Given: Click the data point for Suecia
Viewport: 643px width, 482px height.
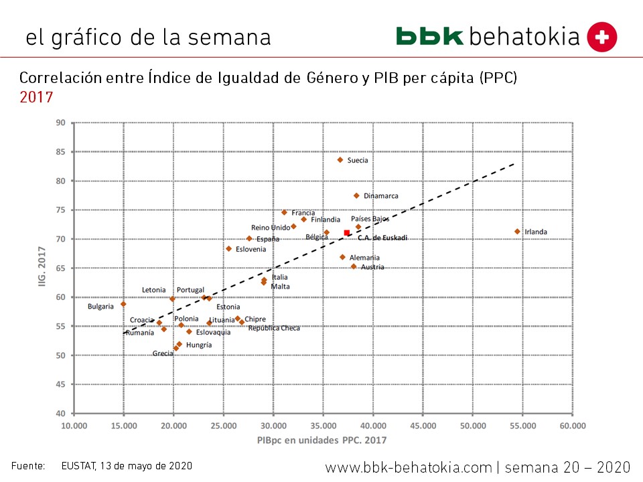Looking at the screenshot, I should click(x=340, y=160).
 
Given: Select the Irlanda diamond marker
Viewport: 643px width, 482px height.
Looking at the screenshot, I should click(x=517, y=232).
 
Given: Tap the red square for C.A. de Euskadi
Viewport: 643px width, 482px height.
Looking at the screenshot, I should click(x=347, y=233).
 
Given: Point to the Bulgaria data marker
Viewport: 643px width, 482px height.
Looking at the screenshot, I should click(x=123, y=304).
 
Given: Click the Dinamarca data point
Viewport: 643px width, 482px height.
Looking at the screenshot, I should click(x=356, y=195).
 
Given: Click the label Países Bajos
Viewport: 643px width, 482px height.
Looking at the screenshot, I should click(x=370, y=219).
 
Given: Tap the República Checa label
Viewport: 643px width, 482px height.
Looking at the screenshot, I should click(x=273, y=328).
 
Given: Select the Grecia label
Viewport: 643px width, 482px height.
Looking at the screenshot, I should click(x=163, y=353).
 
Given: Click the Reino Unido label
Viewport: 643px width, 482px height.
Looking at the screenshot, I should click(x=271, y=228).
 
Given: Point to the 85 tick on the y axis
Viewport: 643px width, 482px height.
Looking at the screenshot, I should click(x=61, y=152).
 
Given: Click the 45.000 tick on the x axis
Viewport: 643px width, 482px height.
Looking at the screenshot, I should click(x=423, y=425).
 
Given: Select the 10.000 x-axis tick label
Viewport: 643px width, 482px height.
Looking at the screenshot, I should click(x=74, y=425).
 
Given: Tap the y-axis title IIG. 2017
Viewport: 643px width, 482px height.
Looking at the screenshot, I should click(x=42, y=268).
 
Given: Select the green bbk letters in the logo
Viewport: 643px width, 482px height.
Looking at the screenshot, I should click(x=429, y=36).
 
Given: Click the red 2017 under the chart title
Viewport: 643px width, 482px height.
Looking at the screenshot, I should click(x=36, y=97).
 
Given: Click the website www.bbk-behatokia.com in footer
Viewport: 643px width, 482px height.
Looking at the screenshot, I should click(x=409, y=467).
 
